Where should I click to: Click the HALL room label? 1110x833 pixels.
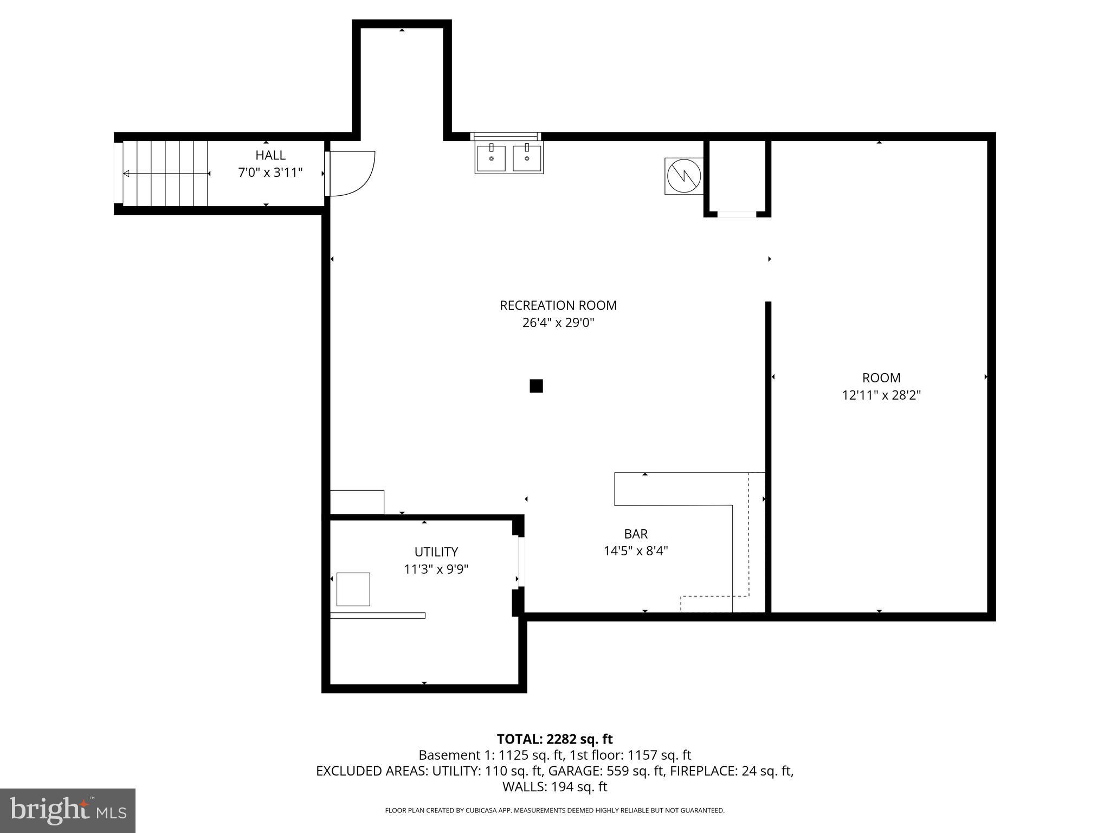pos(270,155)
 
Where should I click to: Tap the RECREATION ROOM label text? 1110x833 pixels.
pos(558,305)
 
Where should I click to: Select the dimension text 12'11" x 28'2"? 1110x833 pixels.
pos(881,395)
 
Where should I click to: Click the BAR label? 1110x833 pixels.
pos(636,534)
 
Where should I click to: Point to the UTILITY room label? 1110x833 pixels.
pos(436,552)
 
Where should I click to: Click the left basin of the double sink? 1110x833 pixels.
pos(491,158)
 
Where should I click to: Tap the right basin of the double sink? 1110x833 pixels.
pos(527,158)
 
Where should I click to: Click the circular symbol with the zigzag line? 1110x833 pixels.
pos(684,176)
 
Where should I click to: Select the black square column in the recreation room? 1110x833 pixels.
pos(536,386)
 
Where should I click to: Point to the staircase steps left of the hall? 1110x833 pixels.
pos(165,174)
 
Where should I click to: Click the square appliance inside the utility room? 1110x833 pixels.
pos(353,589)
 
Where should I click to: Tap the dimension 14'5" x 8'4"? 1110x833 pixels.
pos(636,551)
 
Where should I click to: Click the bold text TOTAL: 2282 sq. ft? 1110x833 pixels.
pos(554,739)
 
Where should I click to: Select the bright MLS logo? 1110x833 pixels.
pos(67,810)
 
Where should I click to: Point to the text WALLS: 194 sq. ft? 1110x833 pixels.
pos(554,787)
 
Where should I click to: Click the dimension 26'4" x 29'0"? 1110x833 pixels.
pos(558,323)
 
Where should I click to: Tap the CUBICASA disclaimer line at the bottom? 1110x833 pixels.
pos(554,811)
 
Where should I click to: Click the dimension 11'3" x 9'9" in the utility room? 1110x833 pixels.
pos(436,569)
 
